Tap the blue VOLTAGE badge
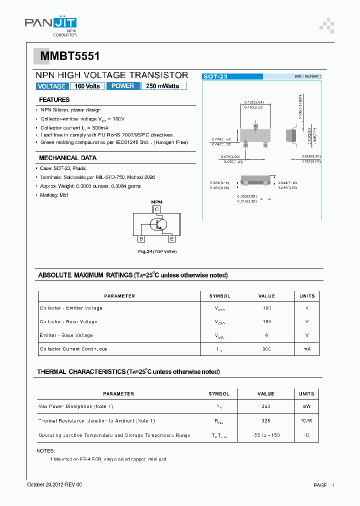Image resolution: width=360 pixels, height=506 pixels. point(51,86)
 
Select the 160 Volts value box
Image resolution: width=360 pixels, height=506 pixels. point(87,86)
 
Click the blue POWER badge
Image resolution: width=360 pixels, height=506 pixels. point(123,86)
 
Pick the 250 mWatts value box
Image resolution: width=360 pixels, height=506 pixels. point(163,86)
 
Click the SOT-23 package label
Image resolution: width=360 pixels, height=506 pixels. point(215,76)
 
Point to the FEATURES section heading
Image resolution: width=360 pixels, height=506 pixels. point(54,100)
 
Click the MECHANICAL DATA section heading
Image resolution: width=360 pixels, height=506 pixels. point(67,158)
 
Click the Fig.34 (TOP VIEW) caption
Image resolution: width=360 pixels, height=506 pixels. point(157,251)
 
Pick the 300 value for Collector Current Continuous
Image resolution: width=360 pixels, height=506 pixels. point(266,349)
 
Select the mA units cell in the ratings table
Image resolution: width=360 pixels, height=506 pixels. point(306,349)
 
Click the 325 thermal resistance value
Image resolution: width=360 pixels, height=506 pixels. point(266,421)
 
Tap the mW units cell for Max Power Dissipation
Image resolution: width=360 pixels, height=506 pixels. point(306,407)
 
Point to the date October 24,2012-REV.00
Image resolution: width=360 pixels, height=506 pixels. point(54,485)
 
